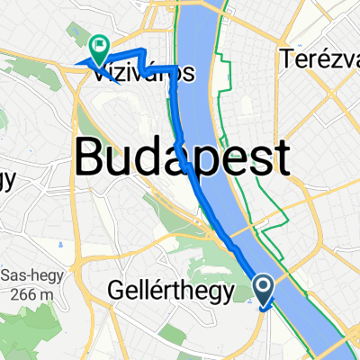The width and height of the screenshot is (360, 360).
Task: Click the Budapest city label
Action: click(183, 160)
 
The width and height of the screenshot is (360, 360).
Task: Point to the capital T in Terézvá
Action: click(287, 59)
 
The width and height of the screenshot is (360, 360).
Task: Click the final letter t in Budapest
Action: click(281, 159)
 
